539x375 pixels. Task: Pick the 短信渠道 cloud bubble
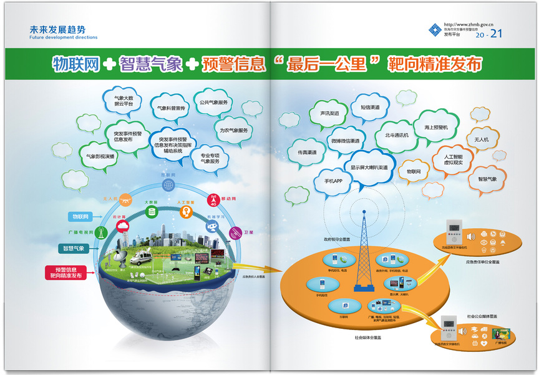tap(370, 107)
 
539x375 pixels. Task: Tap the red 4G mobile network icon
tap(213, 202)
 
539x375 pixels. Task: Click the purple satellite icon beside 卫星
tap(236, 232)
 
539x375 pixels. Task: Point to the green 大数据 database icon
tap(151, 212)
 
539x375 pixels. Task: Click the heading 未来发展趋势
tap(57, 29)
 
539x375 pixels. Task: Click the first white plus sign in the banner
tap(109, 64)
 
